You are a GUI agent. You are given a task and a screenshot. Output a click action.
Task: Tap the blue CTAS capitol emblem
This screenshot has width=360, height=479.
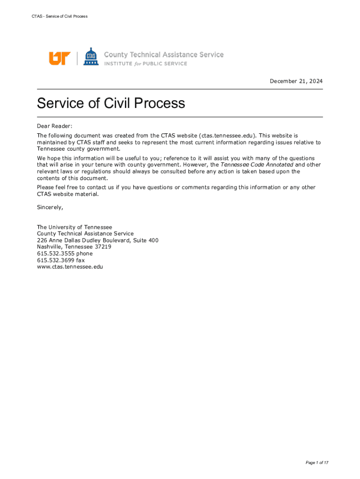pyautogui.click(x=91, y=57)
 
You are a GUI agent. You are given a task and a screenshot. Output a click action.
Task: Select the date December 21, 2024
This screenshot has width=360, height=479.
pyautogui.click(x=296, y=81)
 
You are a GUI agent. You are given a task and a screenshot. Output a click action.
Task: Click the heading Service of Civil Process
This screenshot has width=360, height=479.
pyautogui.click(x=111, y=103)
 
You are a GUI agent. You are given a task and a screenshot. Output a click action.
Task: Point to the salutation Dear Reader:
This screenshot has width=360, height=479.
pyautogui.click(x=55, y=126)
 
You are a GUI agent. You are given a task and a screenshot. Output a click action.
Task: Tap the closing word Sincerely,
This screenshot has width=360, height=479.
pyautogui.click(x=50, y=207)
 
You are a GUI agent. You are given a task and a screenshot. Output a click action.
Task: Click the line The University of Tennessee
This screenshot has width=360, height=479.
pyautogui.click(x=74, y=227)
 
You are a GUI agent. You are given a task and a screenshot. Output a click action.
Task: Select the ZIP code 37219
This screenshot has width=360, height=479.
pyautogui.click(x=103, y=247)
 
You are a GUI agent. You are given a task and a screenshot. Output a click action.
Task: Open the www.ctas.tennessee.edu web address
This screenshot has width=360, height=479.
pyautogui.click(x=70, y=267)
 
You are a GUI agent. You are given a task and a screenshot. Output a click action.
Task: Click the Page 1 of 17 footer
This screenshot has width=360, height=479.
pyautogui.click(x=317, y=463)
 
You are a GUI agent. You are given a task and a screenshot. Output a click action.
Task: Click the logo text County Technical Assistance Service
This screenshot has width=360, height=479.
pyautogui.click(x=164, y=55)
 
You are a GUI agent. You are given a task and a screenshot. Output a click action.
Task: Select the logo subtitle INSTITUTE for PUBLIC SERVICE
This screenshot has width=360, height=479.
pyautogui.click(x=145, y=64)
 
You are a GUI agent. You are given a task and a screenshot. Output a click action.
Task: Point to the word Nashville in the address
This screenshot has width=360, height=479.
pyautogui.click(x=49, y=247)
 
